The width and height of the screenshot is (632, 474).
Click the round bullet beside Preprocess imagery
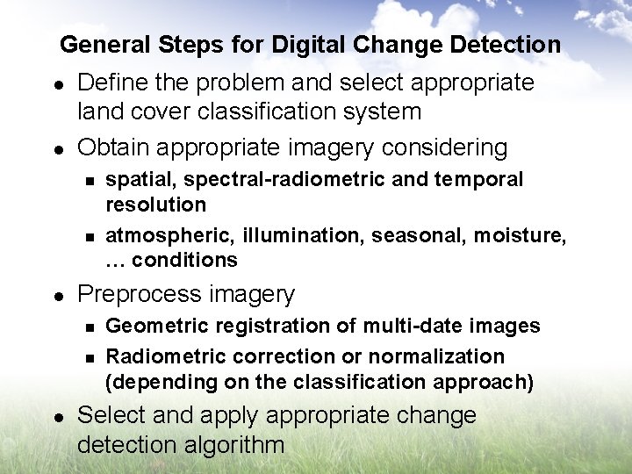[x=56, y=295]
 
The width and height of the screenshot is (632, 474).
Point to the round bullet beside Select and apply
[x=56, y=416]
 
